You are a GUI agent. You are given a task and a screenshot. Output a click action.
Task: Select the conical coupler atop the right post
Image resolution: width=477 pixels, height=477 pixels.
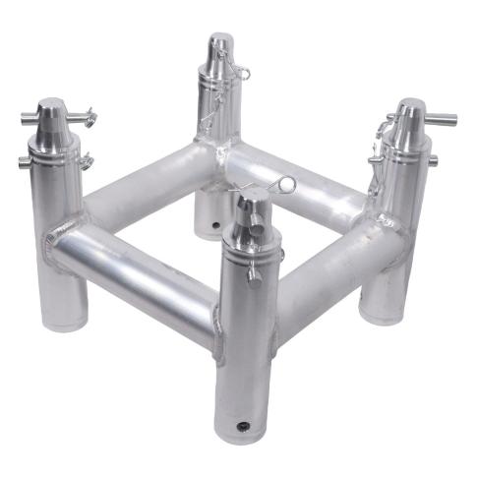[411, 119]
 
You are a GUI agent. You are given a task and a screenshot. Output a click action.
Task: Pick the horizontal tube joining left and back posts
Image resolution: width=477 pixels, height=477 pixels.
[138, 187]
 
